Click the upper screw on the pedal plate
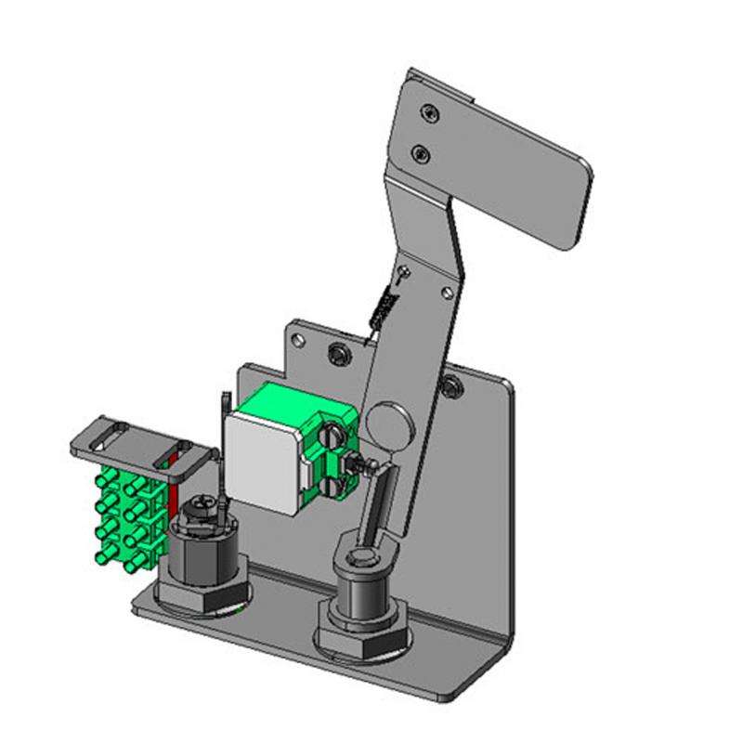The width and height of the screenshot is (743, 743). (x=428, y=112)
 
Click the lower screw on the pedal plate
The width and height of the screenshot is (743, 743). (x=421, y=151)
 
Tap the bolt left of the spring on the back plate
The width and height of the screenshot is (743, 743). (x=339, y=353)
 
